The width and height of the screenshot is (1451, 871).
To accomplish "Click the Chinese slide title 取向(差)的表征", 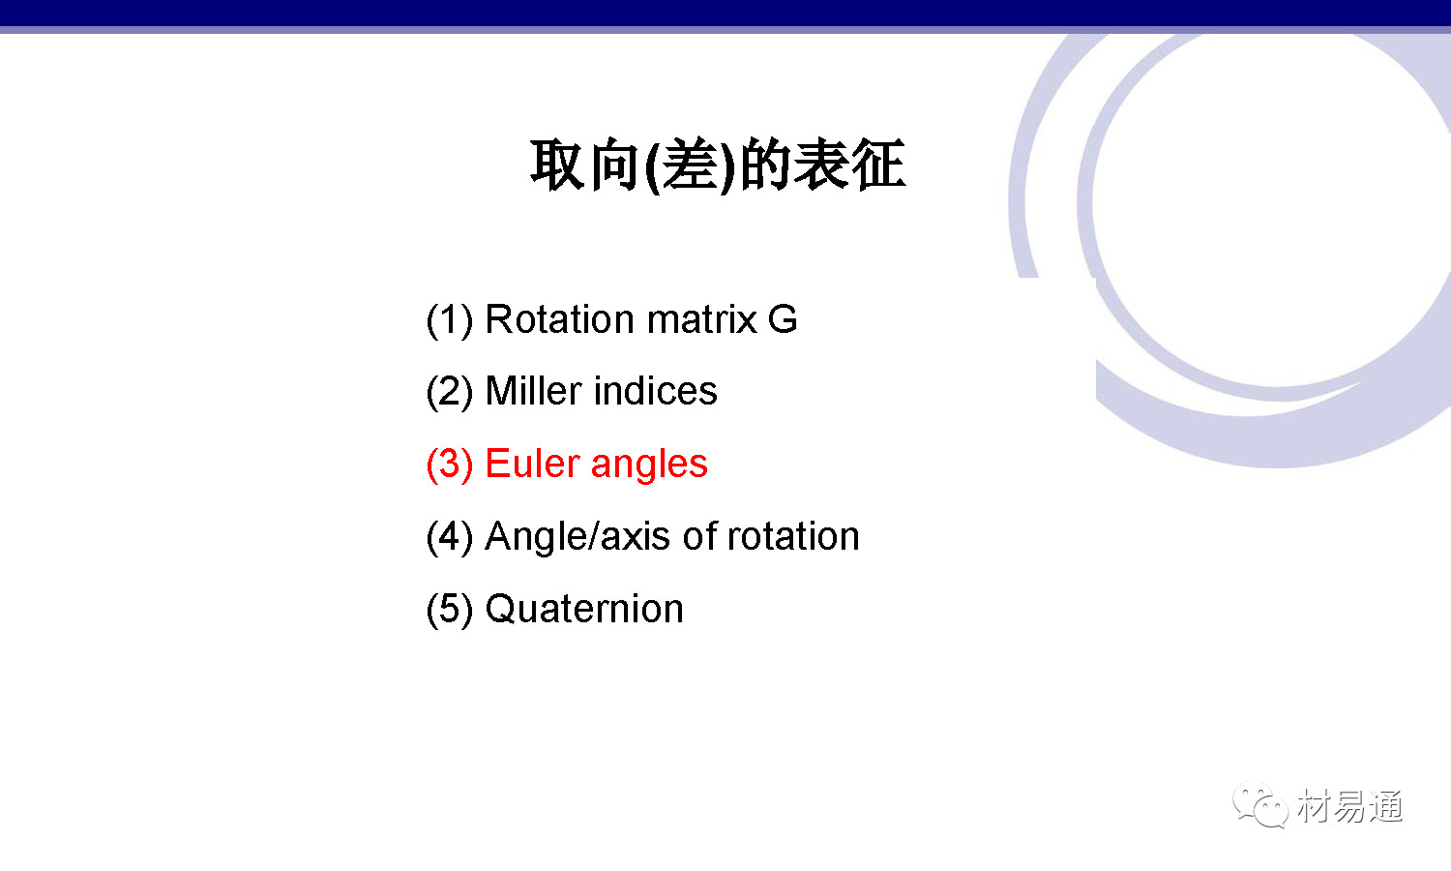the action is coord(718,165).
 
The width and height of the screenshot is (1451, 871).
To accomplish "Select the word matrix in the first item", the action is coord(701,319).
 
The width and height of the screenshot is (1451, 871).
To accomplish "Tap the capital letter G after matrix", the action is coord(783,319).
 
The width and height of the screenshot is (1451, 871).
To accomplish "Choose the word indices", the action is coord(656,391).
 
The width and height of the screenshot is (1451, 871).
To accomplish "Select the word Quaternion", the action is coord(584,609).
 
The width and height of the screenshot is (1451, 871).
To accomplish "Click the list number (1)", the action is coord(450,320).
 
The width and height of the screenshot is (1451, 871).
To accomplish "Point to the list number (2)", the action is coord(450,392).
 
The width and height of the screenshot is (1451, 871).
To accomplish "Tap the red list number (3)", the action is coord(450,465).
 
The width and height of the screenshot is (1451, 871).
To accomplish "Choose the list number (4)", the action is coord(450,537).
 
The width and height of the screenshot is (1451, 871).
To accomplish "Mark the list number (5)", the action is coord(450,610).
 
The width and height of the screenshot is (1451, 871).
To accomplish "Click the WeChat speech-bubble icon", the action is coord(1259,805).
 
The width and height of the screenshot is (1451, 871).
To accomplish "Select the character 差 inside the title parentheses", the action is coord(691,165).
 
